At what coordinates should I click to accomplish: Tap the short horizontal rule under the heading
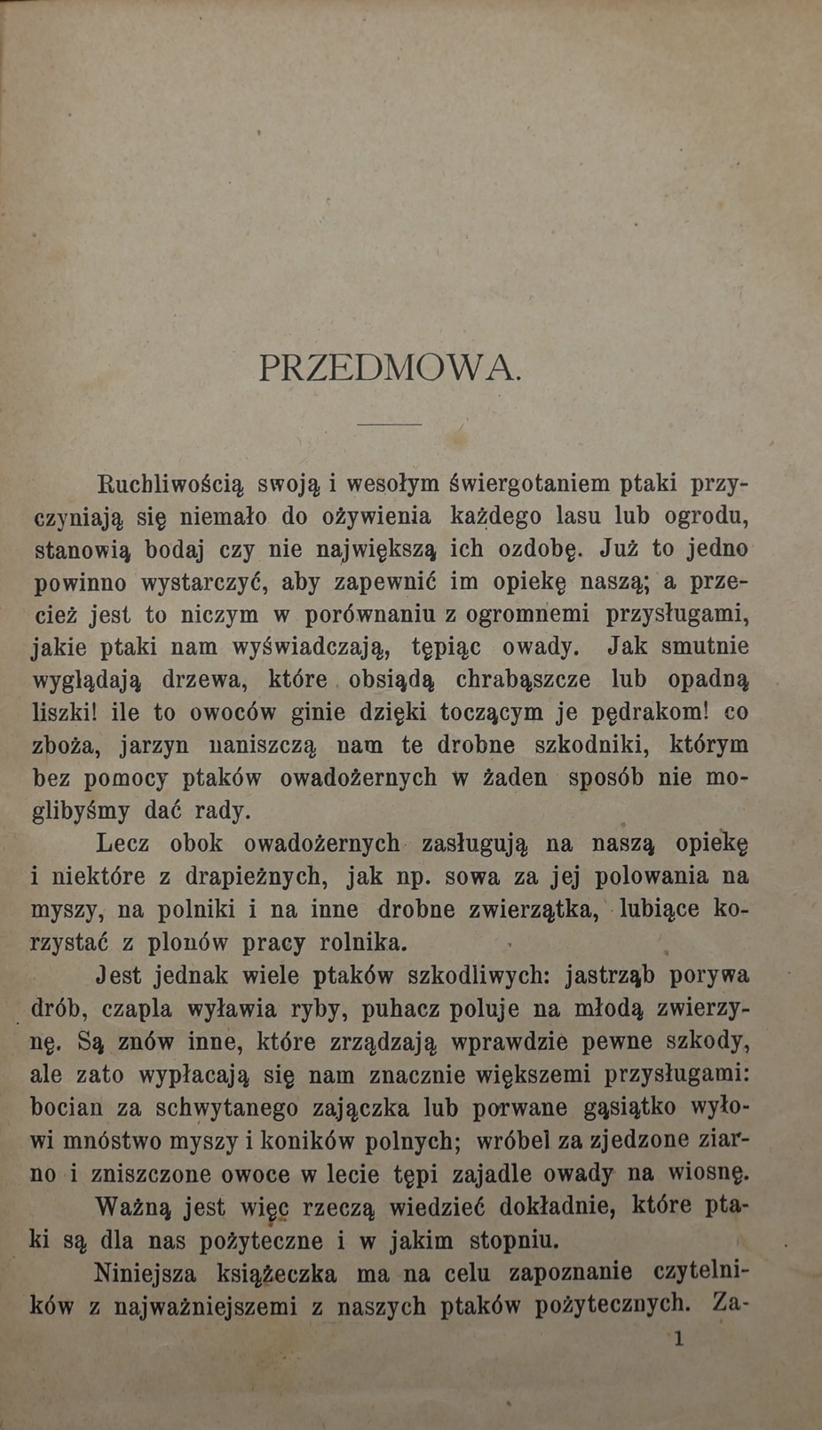click(389, 425)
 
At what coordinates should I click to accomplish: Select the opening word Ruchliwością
click(169, 484)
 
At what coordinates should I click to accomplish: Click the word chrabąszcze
click(527, 679)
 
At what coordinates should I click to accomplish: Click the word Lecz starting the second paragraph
click(123, 842)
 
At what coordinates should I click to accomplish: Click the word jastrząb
click(611, 975)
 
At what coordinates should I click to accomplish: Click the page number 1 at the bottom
click(679, 1339)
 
